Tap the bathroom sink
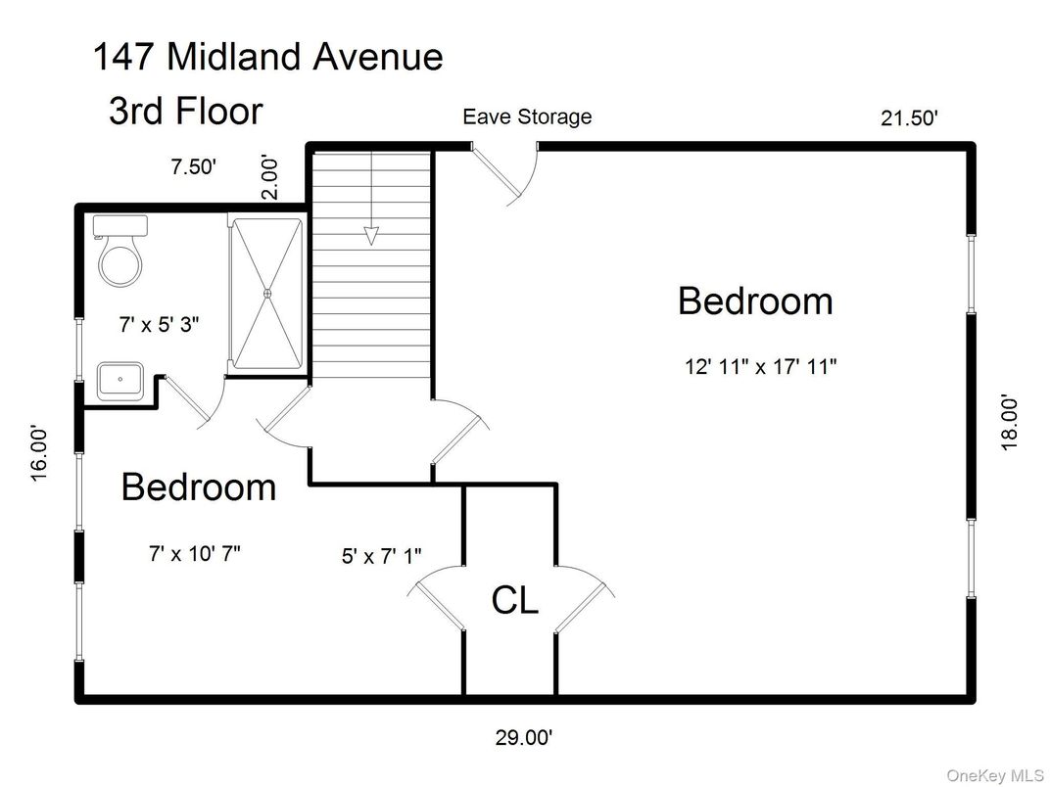pos(120,379)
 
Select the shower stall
pos(266,294)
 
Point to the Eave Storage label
pos(527,116)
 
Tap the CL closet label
pos(514,600)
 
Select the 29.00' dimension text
pos(530,736)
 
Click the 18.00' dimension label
pos(1010,422)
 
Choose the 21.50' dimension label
pos(910,118)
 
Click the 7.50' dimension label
pos(193,166)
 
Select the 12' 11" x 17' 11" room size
pos(759,368)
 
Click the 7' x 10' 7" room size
pos(195,553)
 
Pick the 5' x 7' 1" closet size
pos(381,556)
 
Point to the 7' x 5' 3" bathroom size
pos(160,324)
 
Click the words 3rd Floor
pos(185,111)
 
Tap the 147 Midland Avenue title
pos(267,57)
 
